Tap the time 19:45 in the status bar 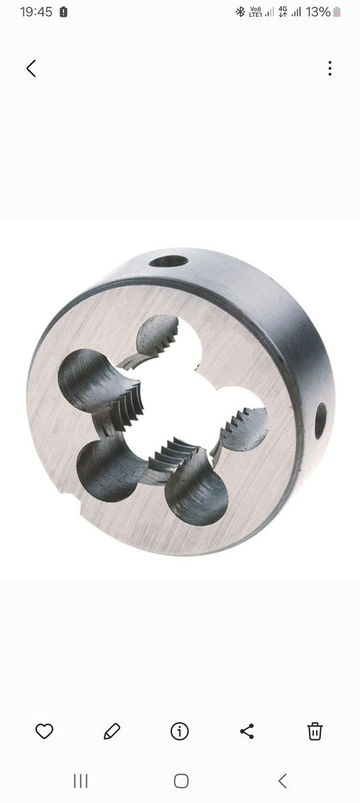coord(36,12)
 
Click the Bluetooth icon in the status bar coord(240,12)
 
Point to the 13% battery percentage coord(318,12)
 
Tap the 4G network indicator coord(283,12)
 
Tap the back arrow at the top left coord(31,68)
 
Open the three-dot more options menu coord(329,68)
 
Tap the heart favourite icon coord(44,731)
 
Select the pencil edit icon coord(112,731)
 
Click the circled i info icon coord(179,731)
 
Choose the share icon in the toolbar coord(247,731)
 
